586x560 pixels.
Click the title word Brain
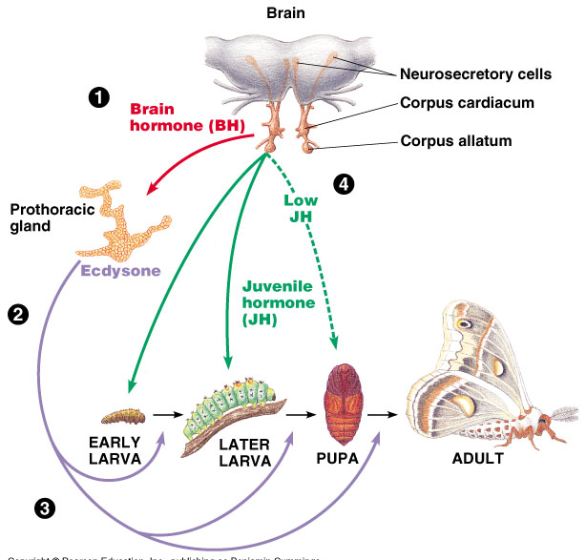[x=293, y=14]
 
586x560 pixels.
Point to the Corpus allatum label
[x=456, y=142]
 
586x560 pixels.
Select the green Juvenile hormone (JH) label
[x=279, y=302]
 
